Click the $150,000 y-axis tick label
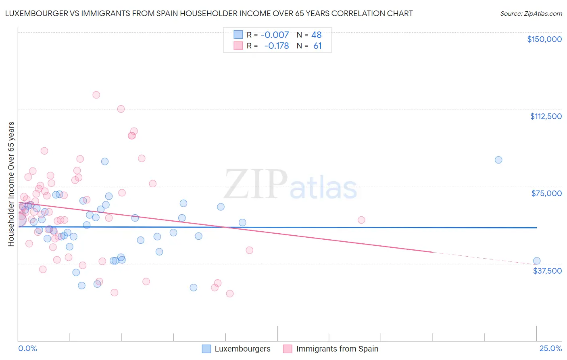544,39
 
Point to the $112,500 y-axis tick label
546,116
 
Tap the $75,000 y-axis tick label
546,193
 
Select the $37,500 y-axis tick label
547,271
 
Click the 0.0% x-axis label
27,349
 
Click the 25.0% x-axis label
550,349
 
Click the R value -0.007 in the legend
275,35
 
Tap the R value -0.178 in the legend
276,46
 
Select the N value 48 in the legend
317,35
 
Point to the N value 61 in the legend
317,46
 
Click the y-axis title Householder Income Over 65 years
11,184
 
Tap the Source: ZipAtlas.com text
531,14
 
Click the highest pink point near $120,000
96,95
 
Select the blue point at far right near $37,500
536,261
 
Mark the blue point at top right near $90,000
498,160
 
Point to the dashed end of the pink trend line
484,258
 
